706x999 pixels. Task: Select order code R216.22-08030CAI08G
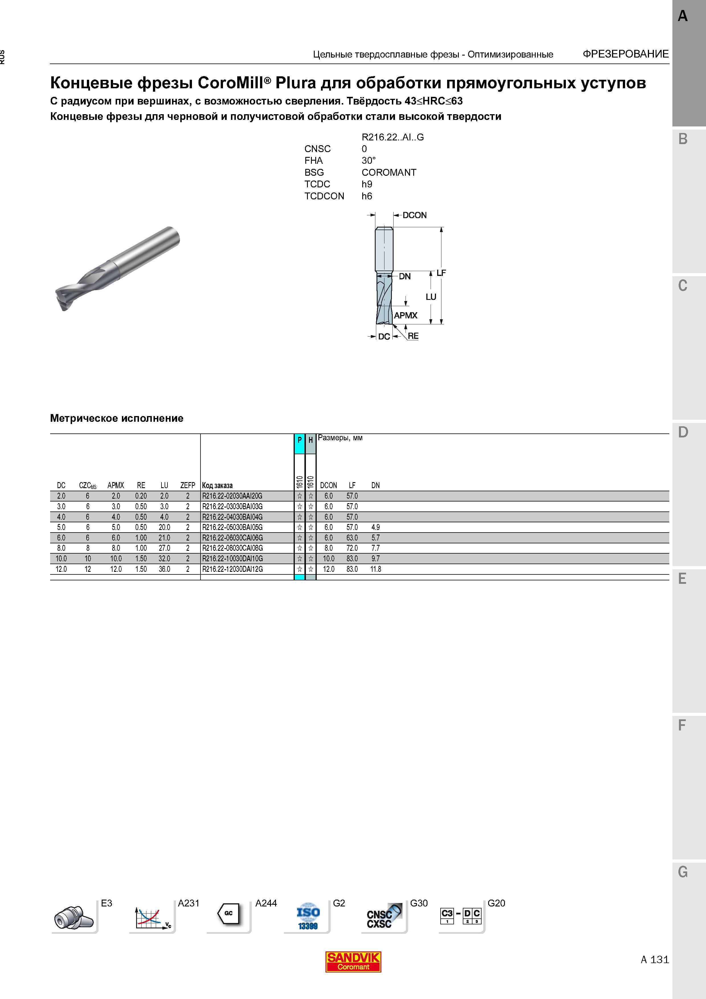click(x=232, y=548)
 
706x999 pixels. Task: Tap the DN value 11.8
click(x=376, y=569)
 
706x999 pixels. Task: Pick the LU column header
click(x=164, y=485)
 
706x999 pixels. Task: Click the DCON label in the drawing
click(x=415, y=215)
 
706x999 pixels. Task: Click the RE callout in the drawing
click(x=413, y=336)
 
